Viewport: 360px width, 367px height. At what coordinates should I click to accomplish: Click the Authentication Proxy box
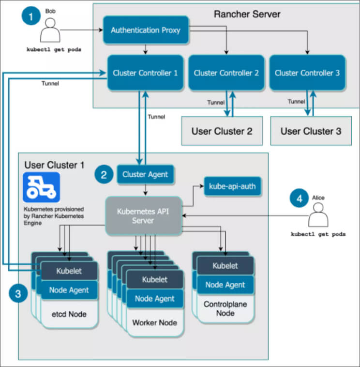click(146, 30)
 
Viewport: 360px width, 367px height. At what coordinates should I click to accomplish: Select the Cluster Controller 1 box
click(145, 73)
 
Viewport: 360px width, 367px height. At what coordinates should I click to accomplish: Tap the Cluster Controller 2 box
click(226, 73)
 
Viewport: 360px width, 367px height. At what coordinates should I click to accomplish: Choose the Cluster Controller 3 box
click(307, 73)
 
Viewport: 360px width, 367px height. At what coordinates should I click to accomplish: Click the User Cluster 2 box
click(222, 131)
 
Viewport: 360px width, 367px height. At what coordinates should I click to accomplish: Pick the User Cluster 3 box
click(311, 131)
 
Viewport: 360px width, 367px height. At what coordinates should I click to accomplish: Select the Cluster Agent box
click(145, 174)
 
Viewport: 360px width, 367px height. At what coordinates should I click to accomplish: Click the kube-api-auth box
click(232, 186)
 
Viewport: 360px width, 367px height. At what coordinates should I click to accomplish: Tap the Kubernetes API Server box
click(143, 216)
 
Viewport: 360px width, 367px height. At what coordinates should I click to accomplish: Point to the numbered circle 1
click(31, 16)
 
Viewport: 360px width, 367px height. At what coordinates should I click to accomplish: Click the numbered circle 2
click(104, 175)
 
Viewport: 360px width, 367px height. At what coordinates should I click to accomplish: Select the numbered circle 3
click(18, 293)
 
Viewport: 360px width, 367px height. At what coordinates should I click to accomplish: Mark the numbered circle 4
click(299, 198)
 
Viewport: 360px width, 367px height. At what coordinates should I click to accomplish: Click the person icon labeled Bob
click(50, 30)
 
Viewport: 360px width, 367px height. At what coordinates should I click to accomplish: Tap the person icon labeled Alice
click(318, 214)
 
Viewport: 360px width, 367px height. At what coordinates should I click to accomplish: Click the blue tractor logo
click(42, 187)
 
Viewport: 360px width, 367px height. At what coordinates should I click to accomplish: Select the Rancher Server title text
click(247, 14)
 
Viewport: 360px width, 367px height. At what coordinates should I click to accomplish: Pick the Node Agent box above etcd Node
click(69, 290)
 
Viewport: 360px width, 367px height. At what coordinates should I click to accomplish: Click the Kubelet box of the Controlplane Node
click(225, 266)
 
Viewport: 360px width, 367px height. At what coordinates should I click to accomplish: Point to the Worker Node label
click(155, 322)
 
